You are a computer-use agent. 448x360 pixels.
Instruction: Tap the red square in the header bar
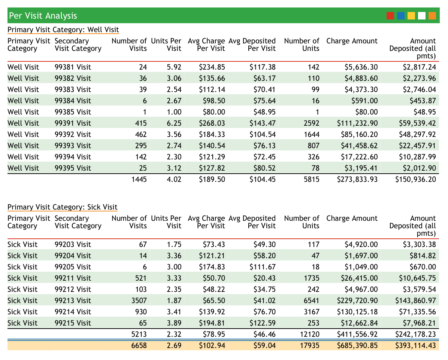click(x=390, y=16)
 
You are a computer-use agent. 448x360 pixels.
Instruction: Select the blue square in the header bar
click(x=401, y=16)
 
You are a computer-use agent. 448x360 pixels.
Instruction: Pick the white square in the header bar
click(x=422, y=16)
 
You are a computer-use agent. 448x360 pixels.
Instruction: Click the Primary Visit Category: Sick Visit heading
click(x=62, y=207)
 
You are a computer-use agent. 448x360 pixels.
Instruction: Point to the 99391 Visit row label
click(x=73, y=123)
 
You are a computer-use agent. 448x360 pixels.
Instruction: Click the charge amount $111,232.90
click(x=357, y=123)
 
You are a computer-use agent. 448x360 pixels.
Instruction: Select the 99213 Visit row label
click(x=73, y=300)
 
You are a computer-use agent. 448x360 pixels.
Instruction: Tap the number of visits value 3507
click(x=139, y=300)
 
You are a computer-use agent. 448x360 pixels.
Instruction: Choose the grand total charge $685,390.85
click(x=357, y=345)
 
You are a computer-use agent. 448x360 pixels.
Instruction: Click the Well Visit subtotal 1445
click(x=139, y=179)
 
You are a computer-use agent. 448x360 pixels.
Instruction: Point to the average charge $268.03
click(x=212, y=123)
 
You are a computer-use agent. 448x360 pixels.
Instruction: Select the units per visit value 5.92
click(x=174, y=67)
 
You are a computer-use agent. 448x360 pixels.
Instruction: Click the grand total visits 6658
click(x=139, y=345)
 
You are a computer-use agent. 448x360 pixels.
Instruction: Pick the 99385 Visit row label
click(x=73, y=112)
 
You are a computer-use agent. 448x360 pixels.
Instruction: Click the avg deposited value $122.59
click(x=263, y=323)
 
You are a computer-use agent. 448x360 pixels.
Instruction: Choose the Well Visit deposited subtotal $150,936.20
click(x=415, y=179)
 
